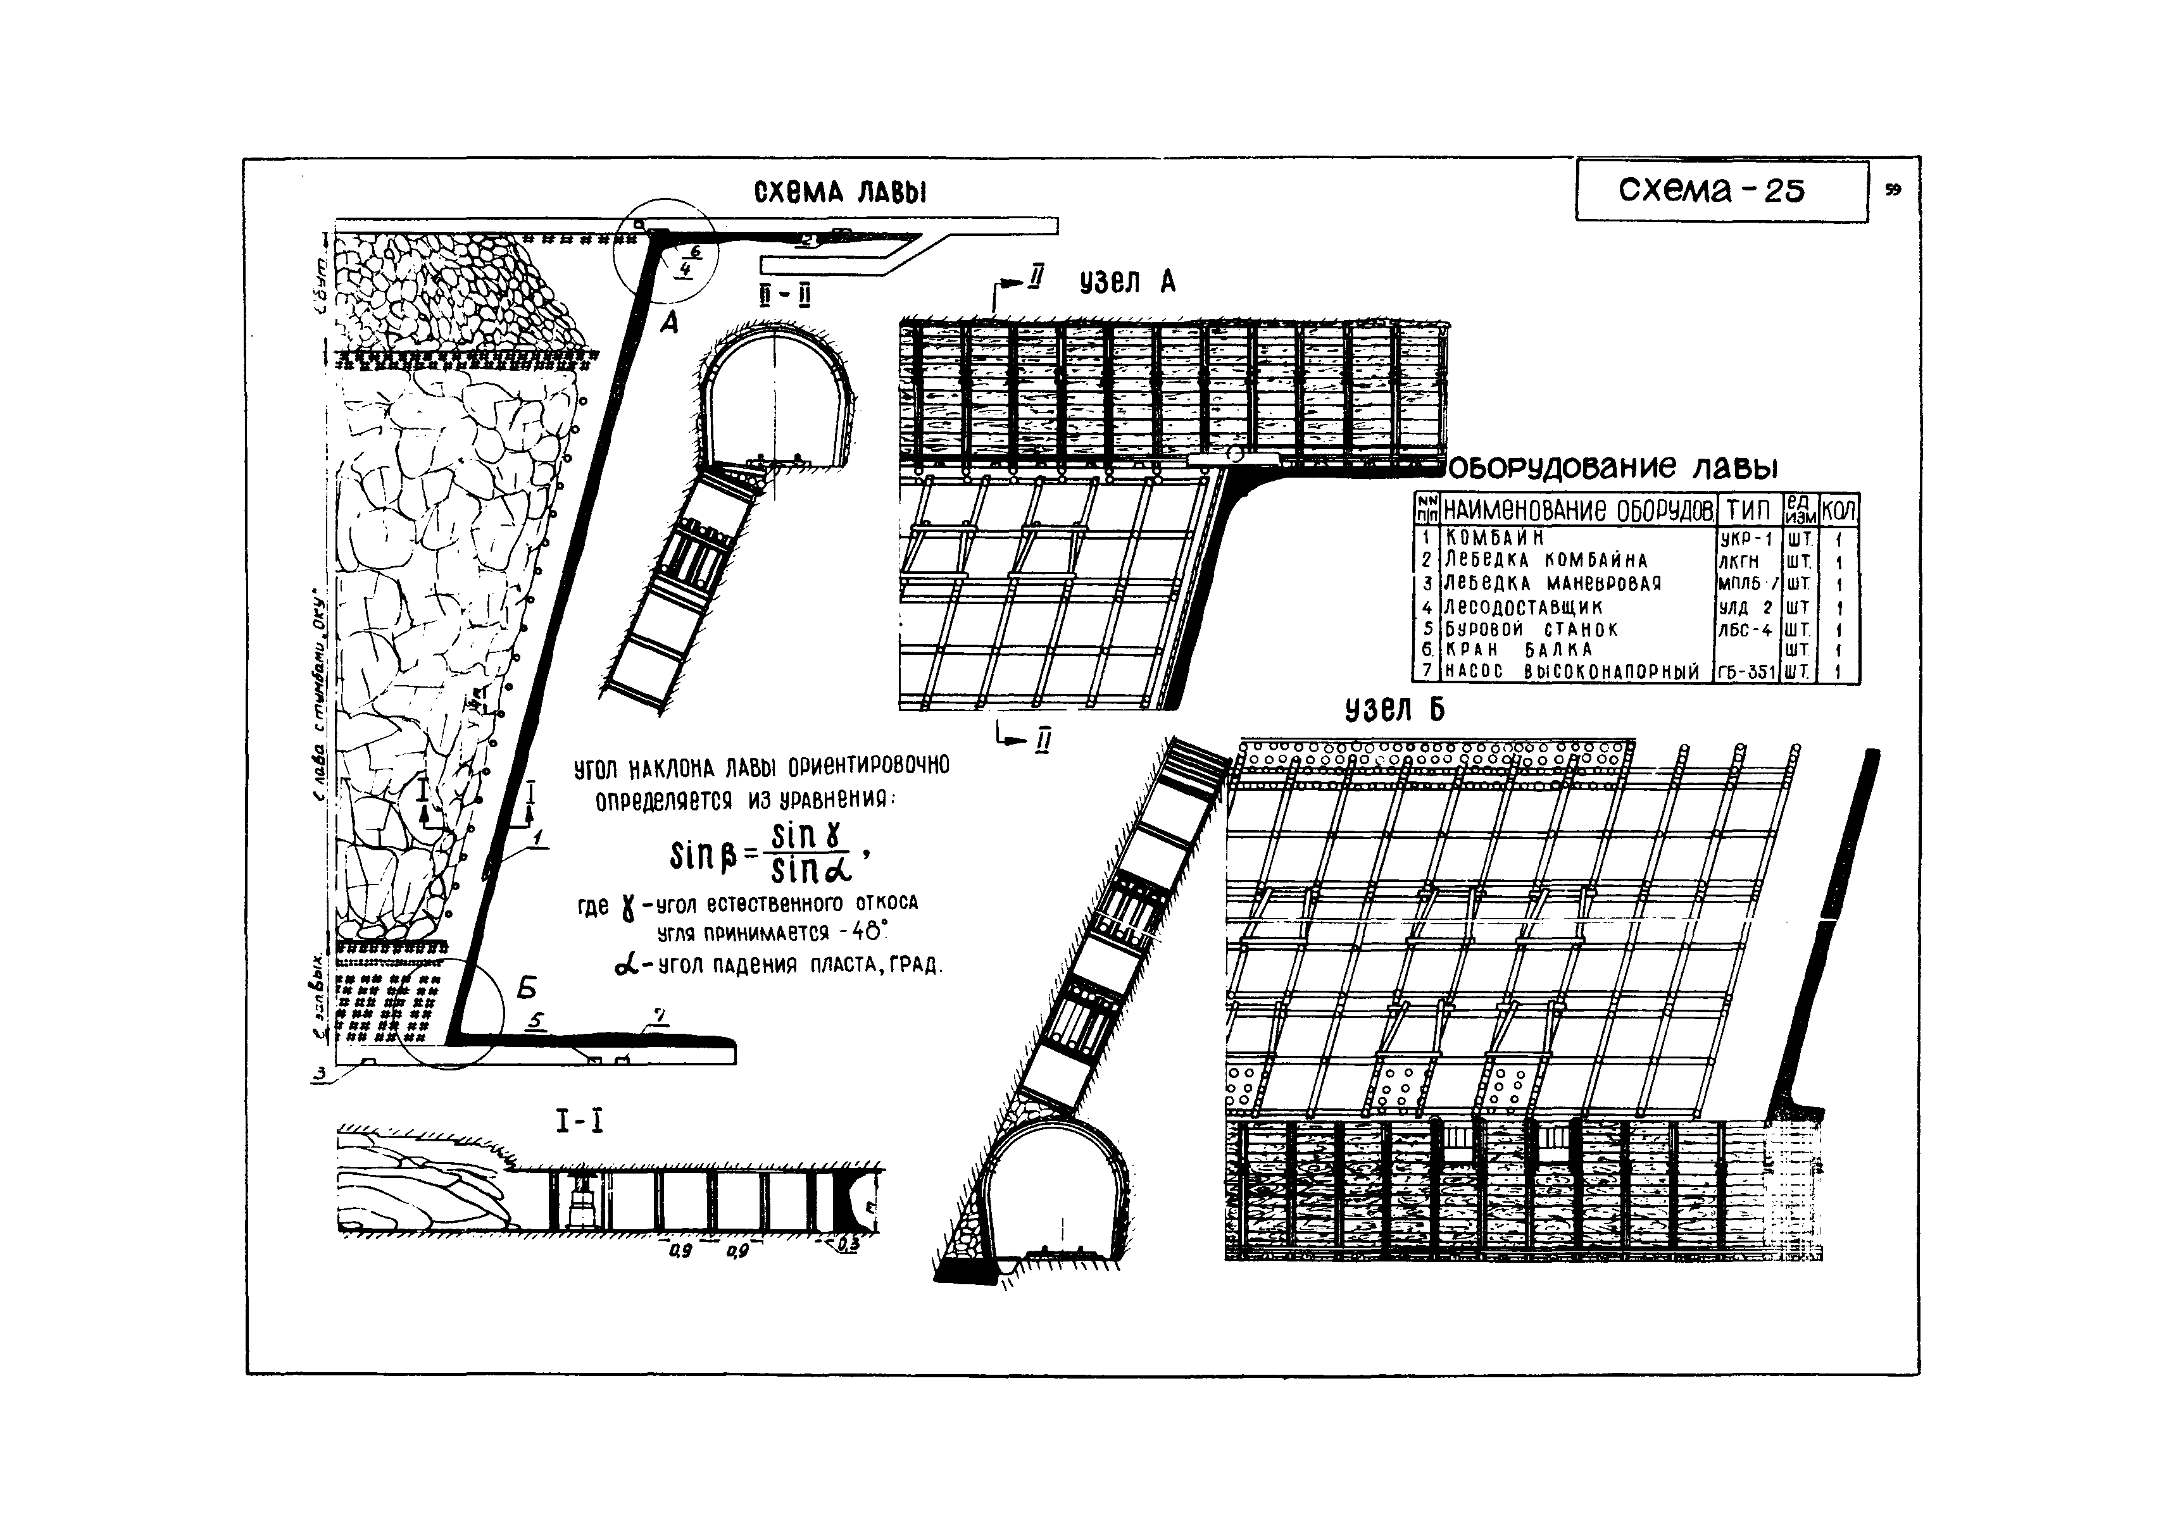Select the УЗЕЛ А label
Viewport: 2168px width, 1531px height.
pyautogui.click(x=1127, y=282)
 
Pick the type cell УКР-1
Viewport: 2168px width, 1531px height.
pyautogui.click(x=1747, y=539)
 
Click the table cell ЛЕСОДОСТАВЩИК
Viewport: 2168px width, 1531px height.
pyautogui.click(x=1523, y=607)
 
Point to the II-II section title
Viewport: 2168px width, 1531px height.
pyautogui.click(x=787, y=296)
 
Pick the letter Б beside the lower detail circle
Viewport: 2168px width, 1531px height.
pyautogui.click(x=527, y=988)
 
